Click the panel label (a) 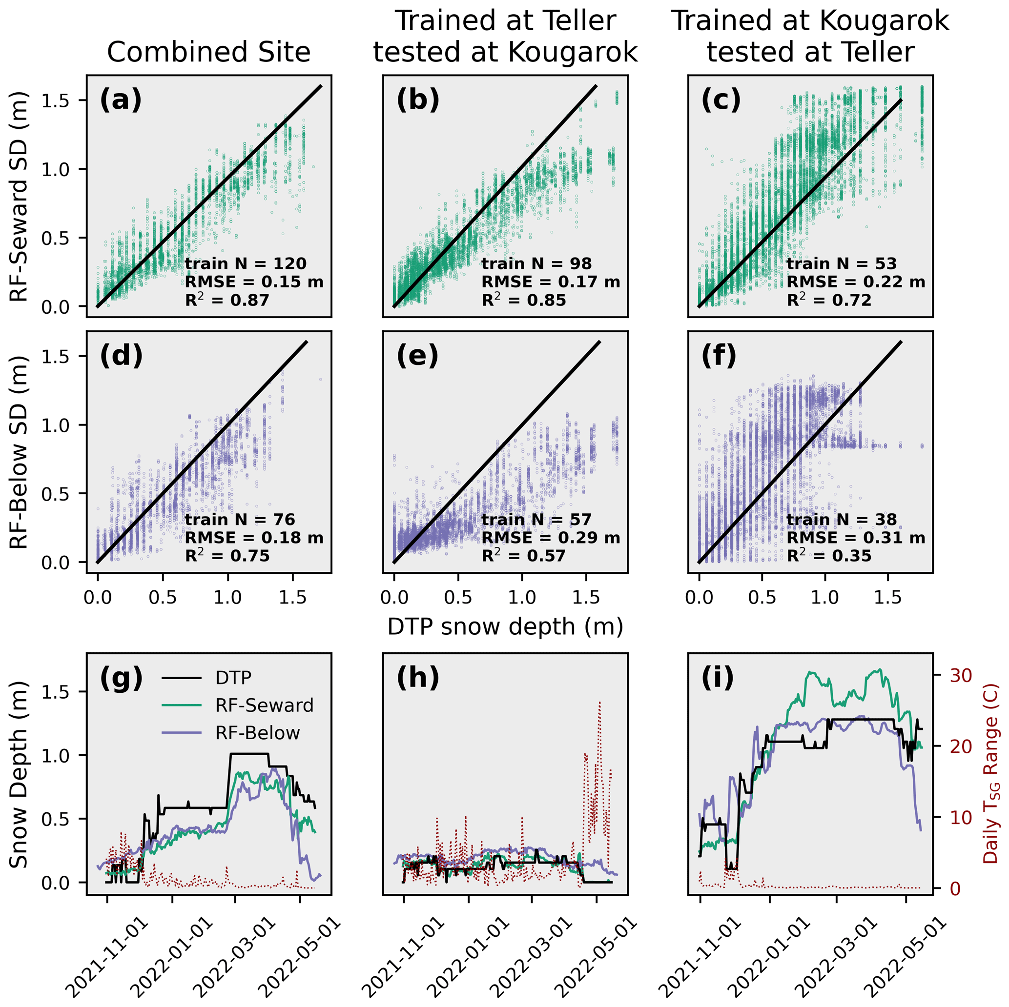(x=121, y=100)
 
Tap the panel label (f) (x=719, y=356)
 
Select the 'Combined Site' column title (x=208, y=52)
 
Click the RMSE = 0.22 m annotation (x=855, y=282)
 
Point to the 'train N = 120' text (x=246, y=263)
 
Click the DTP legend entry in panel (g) (x=233, y=678)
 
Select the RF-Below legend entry (x=257, y=733)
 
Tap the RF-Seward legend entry (x=264, y=706)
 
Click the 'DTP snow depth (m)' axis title (x=505, y=626)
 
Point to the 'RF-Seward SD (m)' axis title (x=20, y=196)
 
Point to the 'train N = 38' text (x=842, y=520)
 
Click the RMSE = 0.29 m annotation (x=551, y=538)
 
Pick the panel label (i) (x=717, y=678)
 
